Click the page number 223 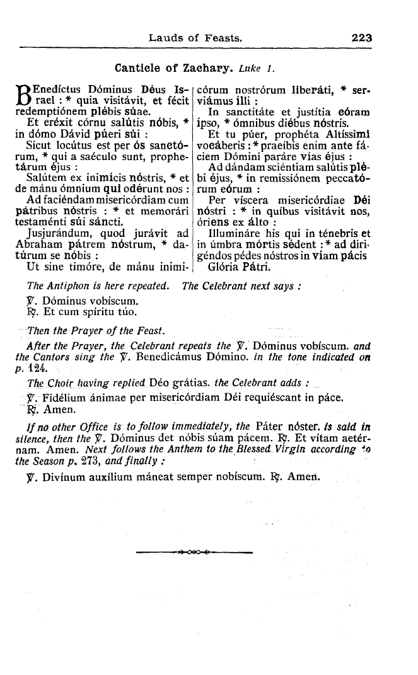[362, 38]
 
